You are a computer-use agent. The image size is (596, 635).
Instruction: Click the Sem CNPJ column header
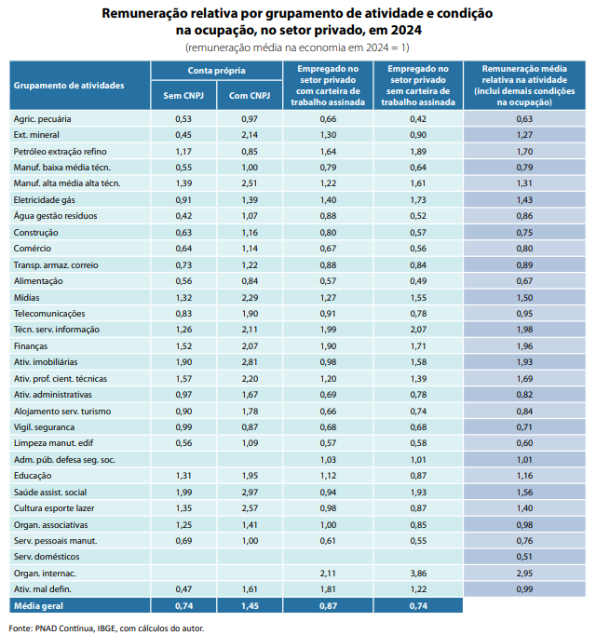(x=183, y=96)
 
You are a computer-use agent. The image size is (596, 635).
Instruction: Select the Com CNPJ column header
(x=250, y=96)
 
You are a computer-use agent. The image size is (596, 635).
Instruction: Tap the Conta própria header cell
(x=216, y=71)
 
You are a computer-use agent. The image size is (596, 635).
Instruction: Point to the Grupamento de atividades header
(x=69, y=86)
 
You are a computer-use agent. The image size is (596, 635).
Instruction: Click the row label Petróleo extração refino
(x=60, y=152)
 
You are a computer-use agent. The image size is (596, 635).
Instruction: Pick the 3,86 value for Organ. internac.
(x=418, y=573)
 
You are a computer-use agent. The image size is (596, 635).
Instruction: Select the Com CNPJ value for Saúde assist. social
(x=250, y=492)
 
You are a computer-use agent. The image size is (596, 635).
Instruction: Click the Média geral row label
(x=38, y=606)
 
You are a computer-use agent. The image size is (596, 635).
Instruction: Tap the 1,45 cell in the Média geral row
(x=250, y=606)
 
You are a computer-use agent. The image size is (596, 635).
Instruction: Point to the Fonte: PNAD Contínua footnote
(x=106, y=628)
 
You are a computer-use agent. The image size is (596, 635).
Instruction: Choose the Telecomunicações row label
(x=49, y=314)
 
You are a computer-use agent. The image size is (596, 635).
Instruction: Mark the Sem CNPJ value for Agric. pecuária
(x=183, y=118)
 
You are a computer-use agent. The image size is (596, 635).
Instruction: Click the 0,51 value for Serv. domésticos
(x=524, y=557)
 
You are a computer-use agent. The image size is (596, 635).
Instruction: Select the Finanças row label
(x=31, y=346)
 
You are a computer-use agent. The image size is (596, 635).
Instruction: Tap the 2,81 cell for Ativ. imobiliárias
(x=250, y=361)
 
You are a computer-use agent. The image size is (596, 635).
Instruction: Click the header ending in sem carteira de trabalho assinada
(x=418, y=86)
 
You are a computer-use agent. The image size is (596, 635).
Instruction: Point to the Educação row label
(x=33, y=476)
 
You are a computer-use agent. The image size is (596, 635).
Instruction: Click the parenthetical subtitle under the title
(x=297, y=47)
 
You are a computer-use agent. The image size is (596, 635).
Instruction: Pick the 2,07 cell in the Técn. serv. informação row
(x=418, y=330)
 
